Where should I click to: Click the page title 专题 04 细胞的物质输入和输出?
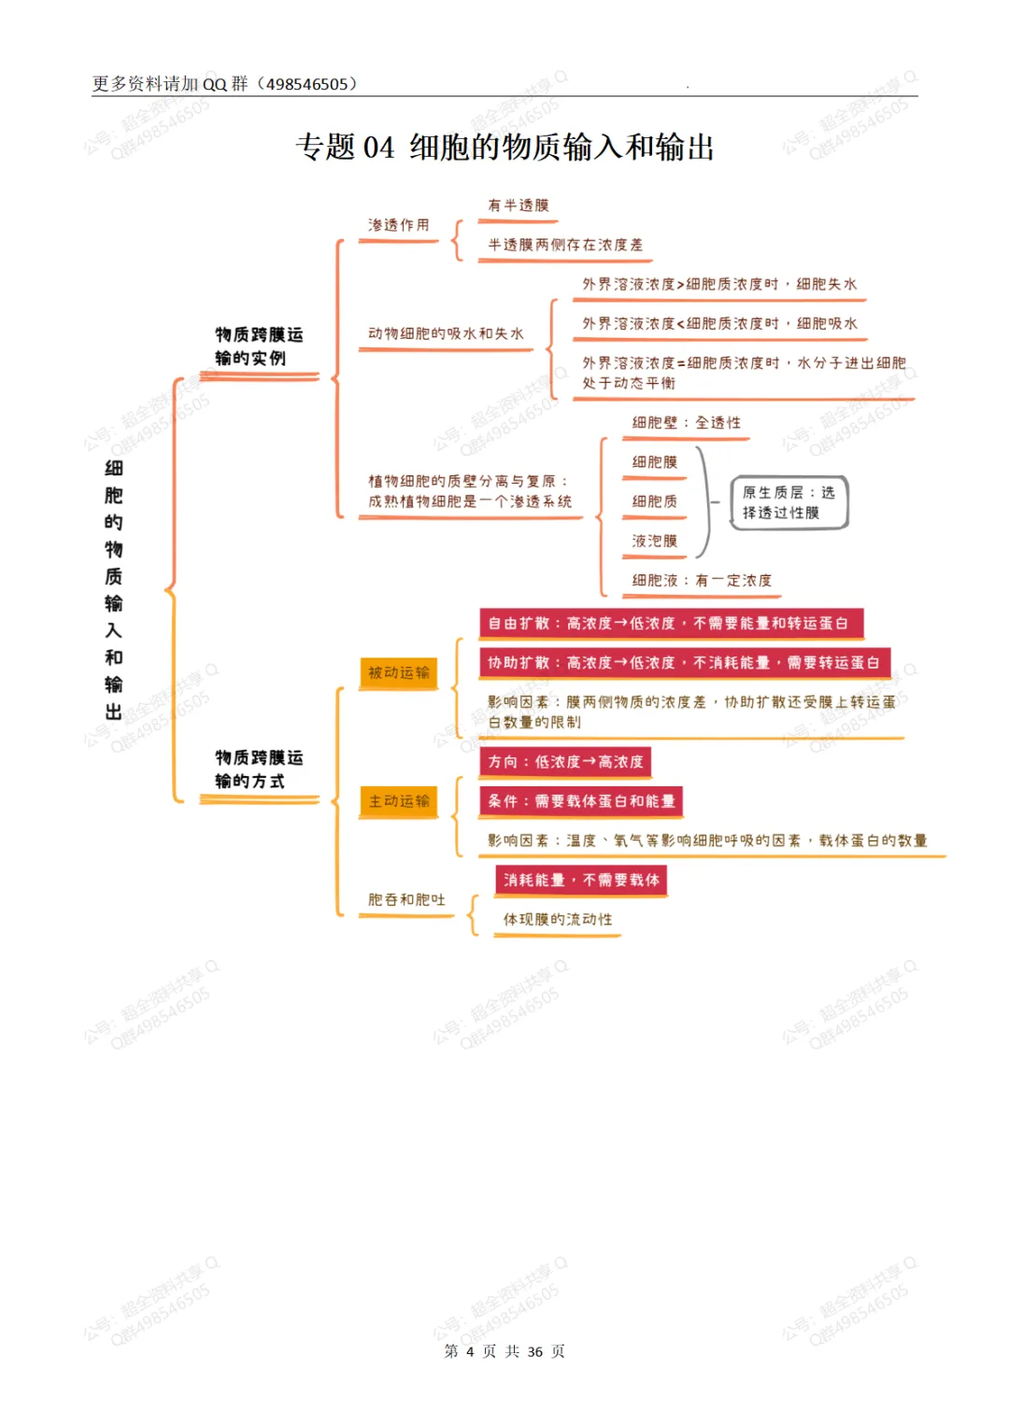point(504,148)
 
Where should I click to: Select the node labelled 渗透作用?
point(399,225)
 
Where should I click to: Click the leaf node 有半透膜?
point(519,205)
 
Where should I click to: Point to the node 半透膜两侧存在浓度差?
point(565,245)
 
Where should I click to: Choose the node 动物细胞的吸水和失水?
point(446,333)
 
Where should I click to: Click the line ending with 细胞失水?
point(719,284)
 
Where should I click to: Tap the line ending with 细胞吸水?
point(719,323)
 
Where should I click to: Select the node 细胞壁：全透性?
point(686,423)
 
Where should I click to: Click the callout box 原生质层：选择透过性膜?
point(789,502)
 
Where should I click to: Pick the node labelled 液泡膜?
point(654,541)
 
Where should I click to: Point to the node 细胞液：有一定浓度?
point(702,581)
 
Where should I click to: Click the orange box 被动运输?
point(399,672)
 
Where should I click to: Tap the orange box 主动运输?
point(399,801)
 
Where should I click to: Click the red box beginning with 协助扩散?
point(684,662)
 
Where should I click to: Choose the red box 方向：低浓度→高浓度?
point(565,762)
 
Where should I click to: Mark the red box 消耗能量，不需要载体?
point(581,880)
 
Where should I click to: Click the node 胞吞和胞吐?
point(406,899)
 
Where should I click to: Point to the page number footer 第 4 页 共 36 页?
point(504,1351)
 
